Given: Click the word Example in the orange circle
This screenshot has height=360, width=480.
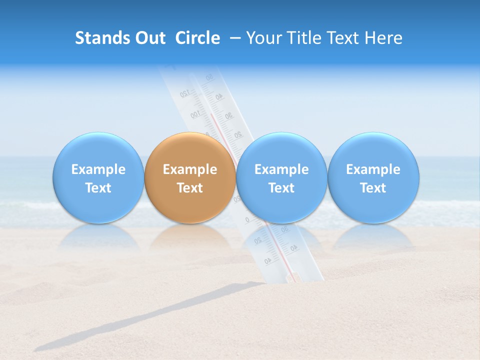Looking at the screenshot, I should [190, 169].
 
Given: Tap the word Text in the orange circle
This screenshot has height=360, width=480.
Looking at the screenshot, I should [190, 188].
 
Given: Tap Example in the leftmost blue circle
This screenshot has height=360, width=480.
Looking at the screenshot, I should [98, 169].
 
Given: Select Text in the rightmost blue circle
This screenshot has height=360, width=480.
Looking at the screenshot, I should [373, 188].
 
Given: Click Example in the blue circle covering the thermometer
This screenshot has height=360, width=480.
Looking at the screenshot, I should [281, 169].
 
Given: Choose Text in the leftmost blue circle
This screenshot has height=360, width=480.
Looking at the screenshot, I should [98, 188].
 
